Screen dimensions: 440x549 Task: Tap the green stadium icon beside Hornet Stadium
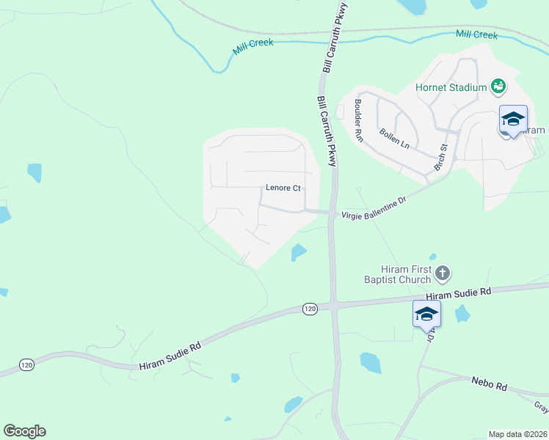point(498,87)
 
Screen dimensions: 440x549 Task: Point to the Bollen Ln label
point(394,138)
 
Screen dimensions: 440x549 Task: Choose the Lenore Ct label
point(283,188)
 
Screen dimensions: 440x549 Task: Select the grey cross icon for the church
point(442,274)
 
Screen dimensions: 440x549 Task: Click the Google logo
point(24,431)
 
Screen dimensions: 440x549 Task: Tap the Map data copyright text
point(517,434)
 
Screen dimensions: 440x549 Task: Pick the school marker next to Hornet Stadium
point(513,119)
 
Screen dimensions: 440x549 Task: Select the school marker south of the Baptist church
point(426,315)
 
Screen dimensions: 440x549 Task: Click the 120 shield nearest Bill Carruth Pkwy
point(310,309)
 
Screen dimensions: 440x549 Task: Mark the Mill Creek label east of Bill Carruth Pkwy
point(476,34)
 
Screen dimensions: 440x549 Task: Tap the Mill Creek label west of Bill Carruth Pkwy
point(253,47)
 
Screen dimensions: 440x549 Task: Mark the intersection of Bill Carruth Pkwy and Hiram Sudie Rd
point(334,304)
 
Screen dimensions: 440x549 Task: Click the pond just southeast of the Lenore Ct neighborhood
point(298,252)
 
